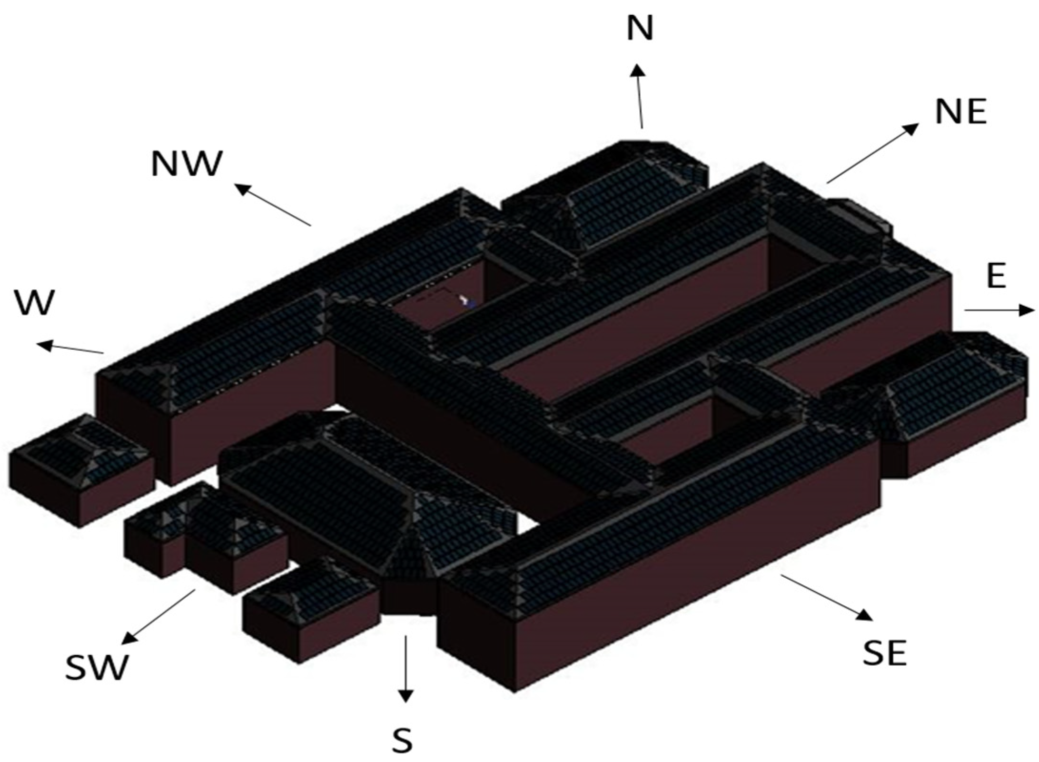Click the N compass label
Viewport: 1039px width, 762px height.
[x=640, y=29]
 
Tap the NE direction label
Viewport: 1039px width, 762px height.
[x=960, y=112]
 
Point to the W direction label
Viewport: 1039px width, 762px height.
[x=35, y=303]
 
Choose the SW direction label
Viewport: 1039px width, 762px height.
[x=97, y=668]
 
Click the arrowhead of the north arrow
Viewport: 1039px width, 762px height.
[x=638, y=70]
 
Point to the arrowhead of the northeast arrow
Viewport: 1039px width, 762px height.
[x=911, y=129]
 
